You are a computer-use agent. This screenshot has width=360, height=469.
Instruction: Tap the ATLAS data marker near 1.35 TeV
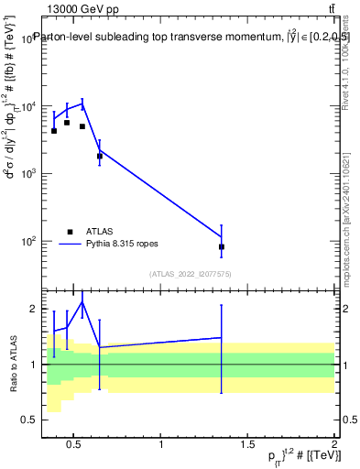pos(222,247)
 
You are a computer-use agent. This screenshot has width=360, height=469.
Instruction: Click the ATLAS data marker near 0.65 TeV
pos(100,157)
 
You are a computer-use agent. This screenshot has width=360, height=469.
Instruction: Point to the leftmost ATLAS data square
pos(54,131)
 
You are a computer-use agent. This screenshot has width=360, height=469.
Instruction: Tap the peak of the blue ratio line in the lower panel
pos(82,301)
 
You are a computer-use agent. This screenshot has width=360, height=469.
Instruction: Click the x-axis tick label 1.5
pos(247,445)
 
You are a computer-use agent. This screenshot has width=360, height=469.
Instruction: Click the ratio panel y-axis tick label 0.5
pos(29,420)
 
